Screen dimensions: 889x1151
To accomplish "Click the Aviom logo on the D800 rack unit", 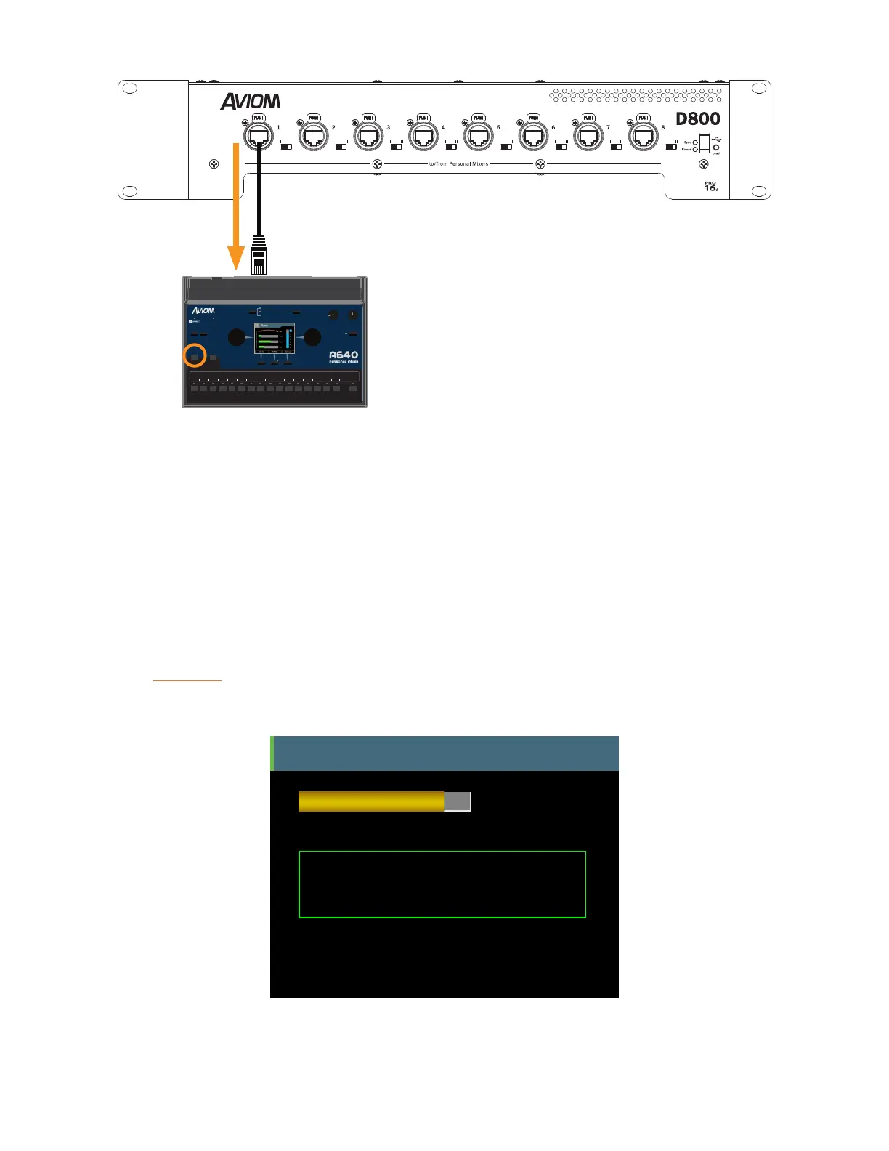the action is (251, 101).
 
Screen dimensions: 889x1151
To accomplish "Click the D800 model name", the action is (698, 118).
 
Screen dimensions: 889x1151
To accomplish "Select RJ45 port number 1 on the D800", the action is (259, 136).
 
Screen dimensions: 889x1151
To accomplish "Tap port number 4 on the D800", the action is (423, 136).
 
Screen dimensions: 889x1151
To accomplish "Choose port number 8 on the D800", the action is (644, 136).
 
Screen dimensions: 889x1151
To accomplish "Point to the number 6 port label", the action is (553, 127).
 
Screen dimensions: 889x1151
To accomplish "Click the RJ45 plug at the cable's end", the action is (259, 258).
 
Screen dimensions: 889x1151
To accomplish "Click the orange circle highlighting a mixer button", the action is (195, 356).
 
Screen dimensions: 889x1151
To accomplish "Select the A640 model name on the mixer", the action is (344, 355).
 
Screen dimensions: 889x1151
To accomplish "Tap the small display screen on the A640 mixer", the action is (275, 339).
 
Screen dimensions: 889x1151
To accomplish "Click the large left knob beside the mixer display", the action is (237, 337).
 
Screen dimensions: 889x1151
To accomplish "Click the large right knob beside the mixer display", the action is (312, 337).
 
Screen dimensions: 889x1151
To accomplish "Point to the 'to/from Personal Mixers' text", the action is (458, 164).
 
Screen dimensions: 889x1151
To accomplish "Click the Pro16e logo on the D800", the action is (711, 187).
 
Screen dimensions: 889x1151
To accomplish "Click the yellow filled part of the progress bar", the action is (371, 801).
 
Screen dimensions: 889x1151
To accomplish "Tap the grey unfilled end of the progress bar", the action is (458, 801).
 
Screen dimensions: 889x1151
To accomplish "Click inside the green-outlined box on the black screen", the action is (442, 884).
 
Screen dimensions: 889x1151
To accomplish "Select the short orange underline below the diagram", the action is (187, 680).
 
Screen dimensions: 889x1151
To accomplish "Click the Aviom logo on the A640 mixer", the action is (203, 311).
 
